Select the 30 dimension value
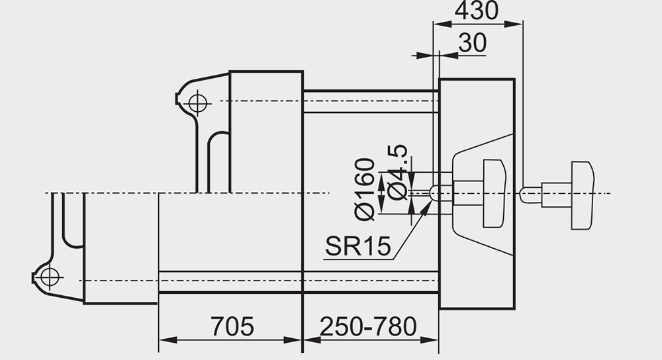[x=472, y=42]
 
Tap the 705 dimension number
[x=232, y=326]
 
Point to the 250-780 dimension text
[x=368, y=326]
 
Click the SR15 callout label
[x=358, y=246]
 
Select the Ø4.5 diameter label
[x=398, y=172]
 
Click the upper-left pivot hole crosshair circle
[x=197, y=103]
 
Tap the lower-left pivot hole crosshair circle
[x=50, y=277]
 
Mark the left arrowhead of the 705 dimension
[x=167, y=339]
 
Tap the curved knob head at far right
[x=583, y=195]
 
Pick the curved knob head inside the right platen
[x=495, y=193]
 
